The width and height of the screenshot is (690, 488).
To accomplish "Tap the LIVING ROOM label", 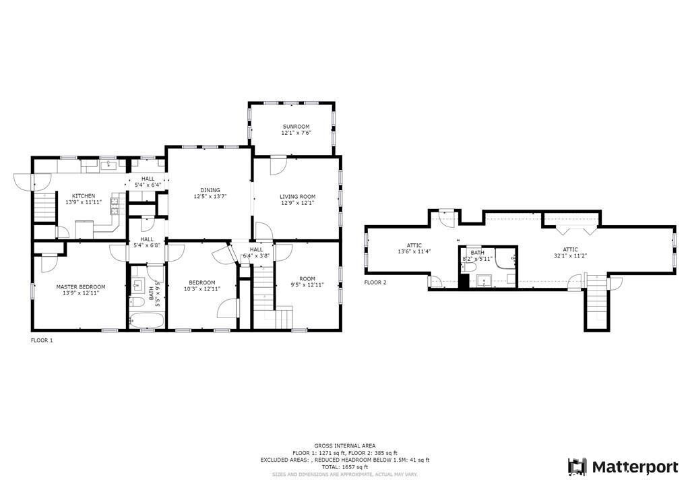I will (297, 197).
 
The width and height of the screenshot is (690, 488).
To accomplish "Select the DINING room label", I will (210, 190).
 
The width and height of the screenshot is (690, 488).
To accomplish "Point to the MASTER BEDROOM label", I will (80, 286).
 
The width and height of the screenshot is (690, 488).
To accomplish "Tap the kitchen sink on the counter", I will (108, 164).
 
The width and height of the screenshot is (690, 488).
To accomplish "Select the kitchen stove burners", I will (115, 203).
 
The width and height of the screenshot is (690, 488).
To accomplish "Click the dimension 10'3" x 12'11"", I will (201, 288).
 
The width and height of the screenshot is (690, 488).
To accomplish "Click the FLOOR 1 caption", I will (42, 340).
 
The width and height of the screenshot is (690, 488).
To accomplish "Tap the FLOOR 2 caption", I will (375, 282).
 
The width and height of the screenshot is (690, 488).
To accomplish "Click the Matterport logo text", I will (635, 466).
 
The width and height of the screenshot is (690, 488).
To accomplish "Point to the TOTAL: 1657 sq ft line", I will (344, 467).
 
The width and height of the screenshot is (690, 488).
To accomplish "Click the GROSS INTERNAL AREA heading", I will (344, 446).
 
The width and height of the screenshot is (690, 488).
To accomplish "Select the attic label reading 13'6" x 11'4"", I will (414, 251).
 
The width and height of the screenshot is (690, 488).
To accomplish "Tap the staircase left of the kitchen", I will (44, 206).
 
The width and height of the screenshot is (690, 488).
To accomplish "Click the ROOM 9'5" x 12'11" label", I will (307, 282).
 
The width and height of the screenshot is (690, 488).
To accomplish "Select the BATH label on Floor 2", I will (478, 253).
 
